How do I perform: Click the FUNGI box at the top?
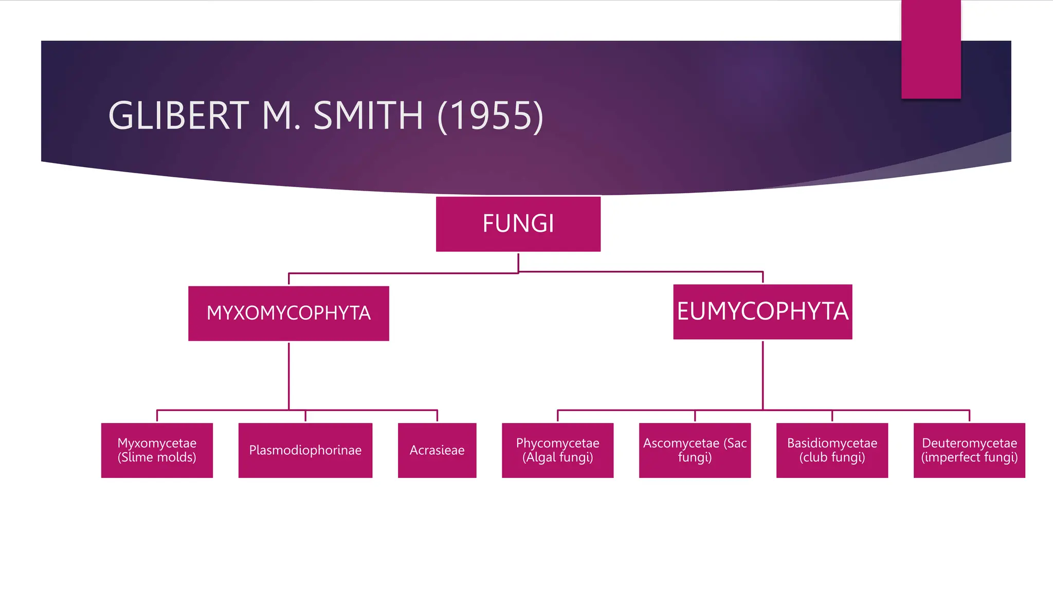click(x=518, y=224)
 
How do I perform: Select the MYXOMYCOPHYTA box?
click(x=288, y=313)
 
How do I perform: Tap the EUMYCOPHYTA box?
click(x=762, y=311)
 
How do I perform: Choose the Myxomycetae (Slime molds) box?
click(x=157, y=450)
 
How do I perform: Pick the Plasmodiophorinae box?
click(x=305, y=450)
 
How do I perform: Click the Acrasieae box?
click(x=437, y=450)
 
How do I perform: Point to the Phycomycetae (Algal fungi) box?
click(x=557, y=450)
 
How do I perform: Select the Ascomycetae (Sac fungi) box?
click(x=695, y=450)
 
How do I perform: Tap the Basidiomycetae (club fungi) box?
click(x=832, y=450)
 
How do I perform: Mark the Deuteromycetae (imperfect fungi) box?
click(x=969, y=450)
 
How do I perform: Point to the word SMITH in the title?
click(x=368, y=116)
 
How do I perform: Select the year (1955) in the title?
click(x=490, y=117)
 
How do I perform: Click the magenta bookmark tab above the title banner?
click(x=931, y=49)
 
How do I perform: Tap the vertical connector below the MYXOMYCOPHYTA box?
click(x=289, y=375)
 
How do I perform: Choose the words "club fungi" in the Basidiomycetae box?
click(x=832, y=457)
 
